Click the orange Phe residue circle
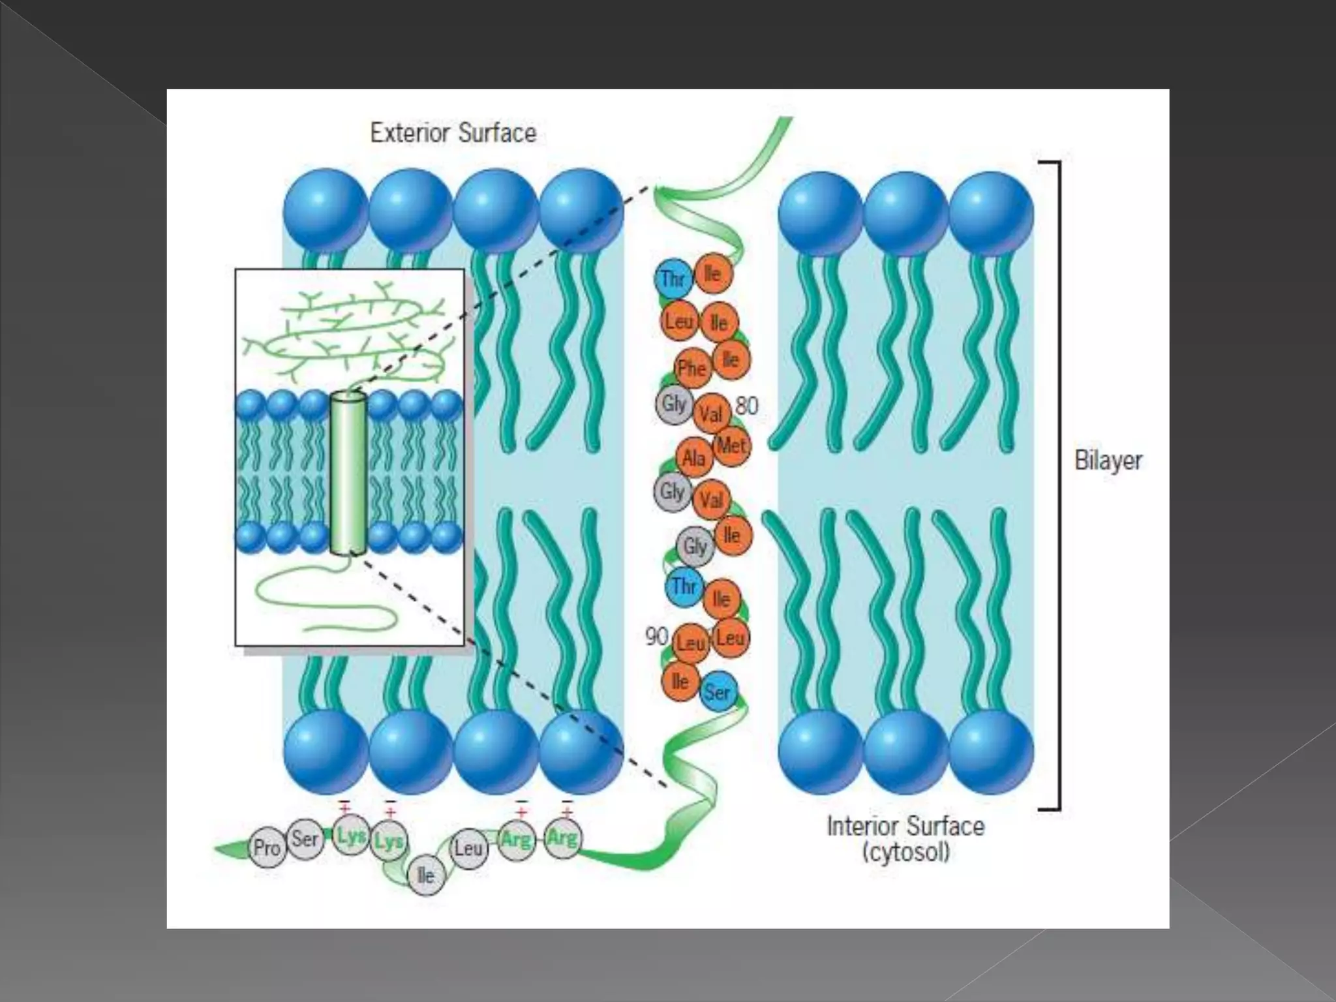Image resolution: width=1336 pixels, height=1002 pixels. pos(691,369)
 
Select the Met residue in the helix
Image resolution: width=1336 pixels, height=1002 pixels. pos(731,447)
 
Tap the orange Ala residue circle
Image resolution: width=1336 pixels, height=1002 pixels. pos(694,459)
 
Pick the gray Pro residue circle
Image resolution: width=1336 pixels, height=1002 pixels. pos(267,848)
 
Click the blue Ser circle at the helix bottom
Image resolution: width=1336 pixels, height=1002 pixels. pos(718,691)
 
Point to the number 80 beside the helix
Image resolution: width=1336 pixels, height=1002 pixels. pos(747,406)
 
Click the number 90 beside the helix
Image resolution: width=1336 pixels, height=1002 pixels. pos(656,636)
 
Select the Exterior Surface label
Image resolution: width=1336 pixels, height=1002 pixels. pos(453,133)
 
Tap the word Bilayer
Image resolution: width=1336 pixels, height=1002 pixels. pos(1108,461)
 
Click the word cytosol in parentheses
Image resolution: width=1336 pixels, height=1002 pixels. pos(905,853)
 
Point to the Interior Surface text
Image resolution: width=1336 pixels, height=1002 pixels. pos(905,826)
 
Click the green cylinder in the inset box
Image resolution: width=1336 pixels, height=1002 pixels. pos(348,474)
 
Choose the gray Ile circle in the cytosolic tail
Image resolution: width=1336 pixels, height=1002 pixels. pos(425,875)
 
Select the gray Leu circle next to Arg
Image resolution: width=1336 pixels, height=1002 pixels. pos(468,849)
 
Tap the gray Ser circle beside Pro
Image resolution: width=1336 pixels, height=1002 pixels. pos(305,839)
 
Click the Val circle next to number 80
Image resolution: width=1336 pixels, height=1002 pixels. pos(711,414)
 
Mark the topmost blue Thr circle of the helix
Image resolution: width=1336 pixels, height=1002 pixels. pos(673,279)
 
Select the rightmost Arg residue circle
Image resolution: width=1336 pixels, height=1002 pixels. pos(562,837)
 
